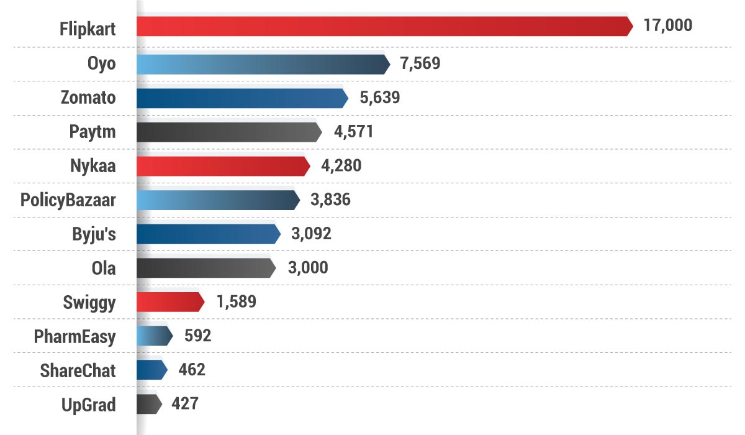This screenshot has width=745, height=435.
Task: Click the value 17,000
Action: (668, 27)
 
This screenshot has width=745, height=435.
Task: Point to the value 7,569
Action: (420, 64)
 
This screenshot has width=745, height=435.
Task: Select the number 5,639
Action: (380, 98)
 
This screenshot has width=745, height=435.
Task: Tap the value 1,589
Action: (236, 302)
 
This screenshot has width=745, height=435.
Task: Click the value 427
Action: (185, 404)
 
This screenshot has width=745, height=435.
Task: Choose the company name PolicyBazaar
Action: (68, 200)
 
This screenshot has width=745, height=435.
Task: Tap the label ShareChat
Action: (78, 370)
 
